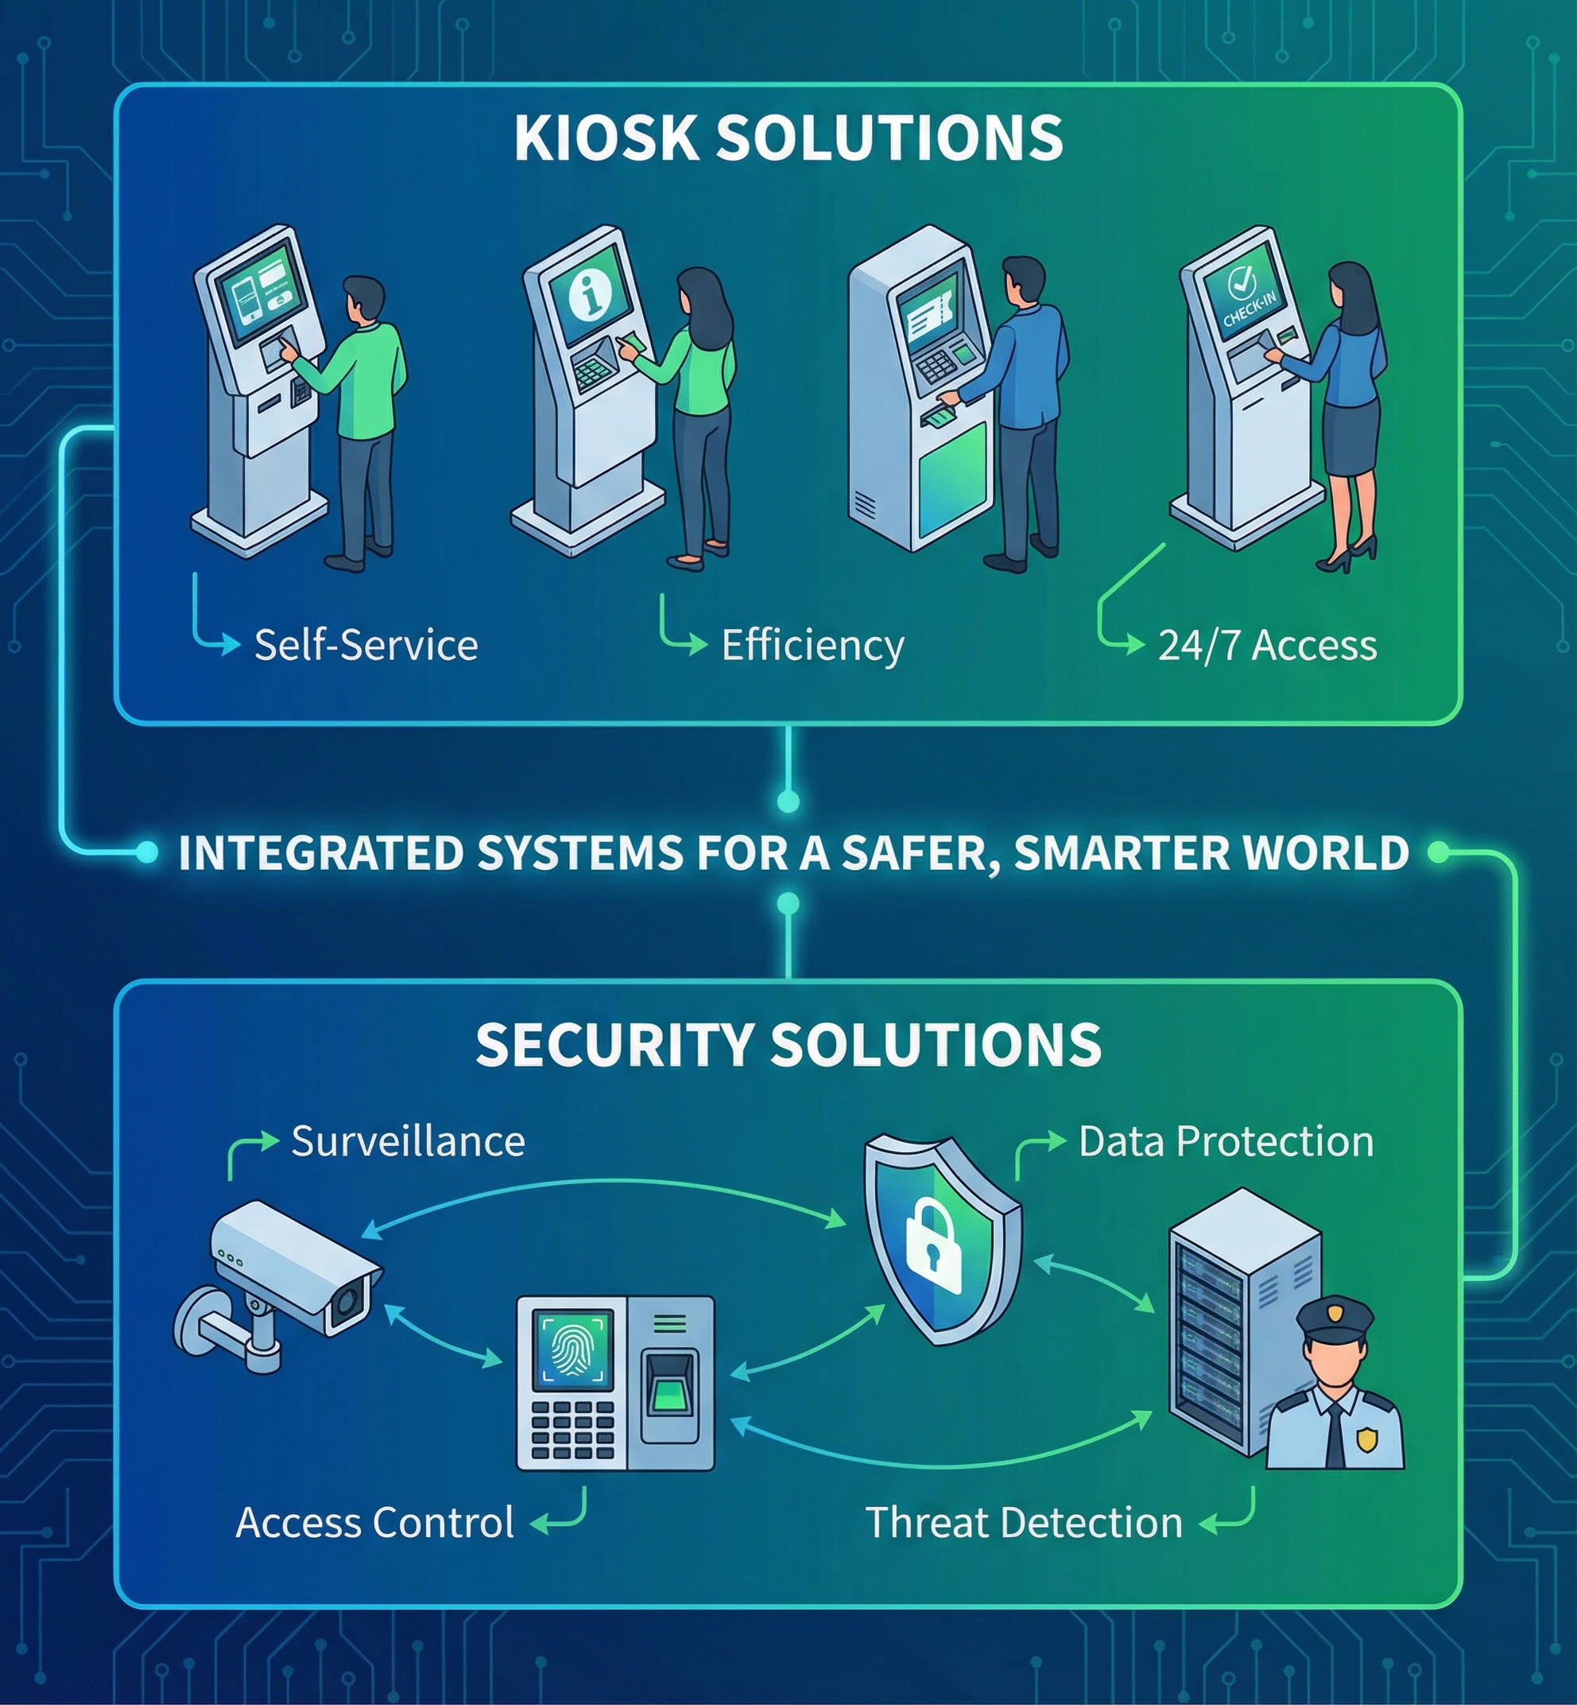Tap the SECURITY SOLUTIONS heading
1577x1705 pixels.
(x=788, y=1043)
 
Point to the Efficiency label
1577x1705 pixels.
(x=812, y=646)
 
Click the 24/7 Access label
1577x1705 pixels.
(x=1267, y=646)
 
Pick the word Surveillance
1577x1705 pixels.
(x=408, y=1141)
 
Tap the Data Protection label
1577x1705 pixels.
(x=1226, y=1141)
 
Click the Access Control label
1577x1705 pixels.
(x=374, y=1522)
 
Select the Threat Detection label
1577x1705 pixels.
(x=1024, y=1522)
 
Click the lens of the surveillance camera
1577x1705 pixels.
(x=347, y=1303)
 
